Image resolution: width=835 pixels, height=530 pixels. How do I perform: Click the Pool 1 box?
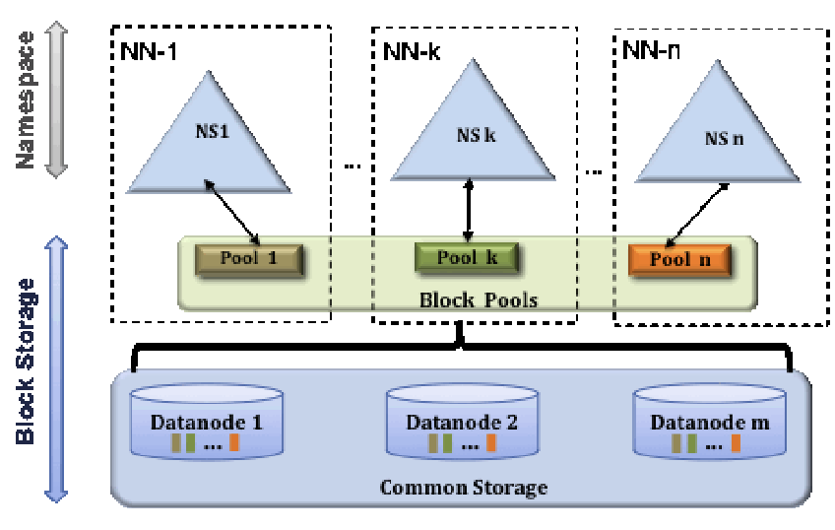coord(250,258)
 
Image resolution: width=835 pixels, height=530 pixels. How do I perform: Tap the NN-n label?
coord(651,46)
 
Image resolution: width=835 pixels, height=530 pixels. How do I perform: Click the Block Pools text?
coord(481,299)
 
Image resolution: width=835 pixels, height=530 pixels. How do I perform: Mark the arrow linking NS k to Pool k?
coord(470,210)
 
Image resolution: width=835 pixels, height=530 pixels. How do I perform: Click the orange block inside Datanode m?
coord(733,443)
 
